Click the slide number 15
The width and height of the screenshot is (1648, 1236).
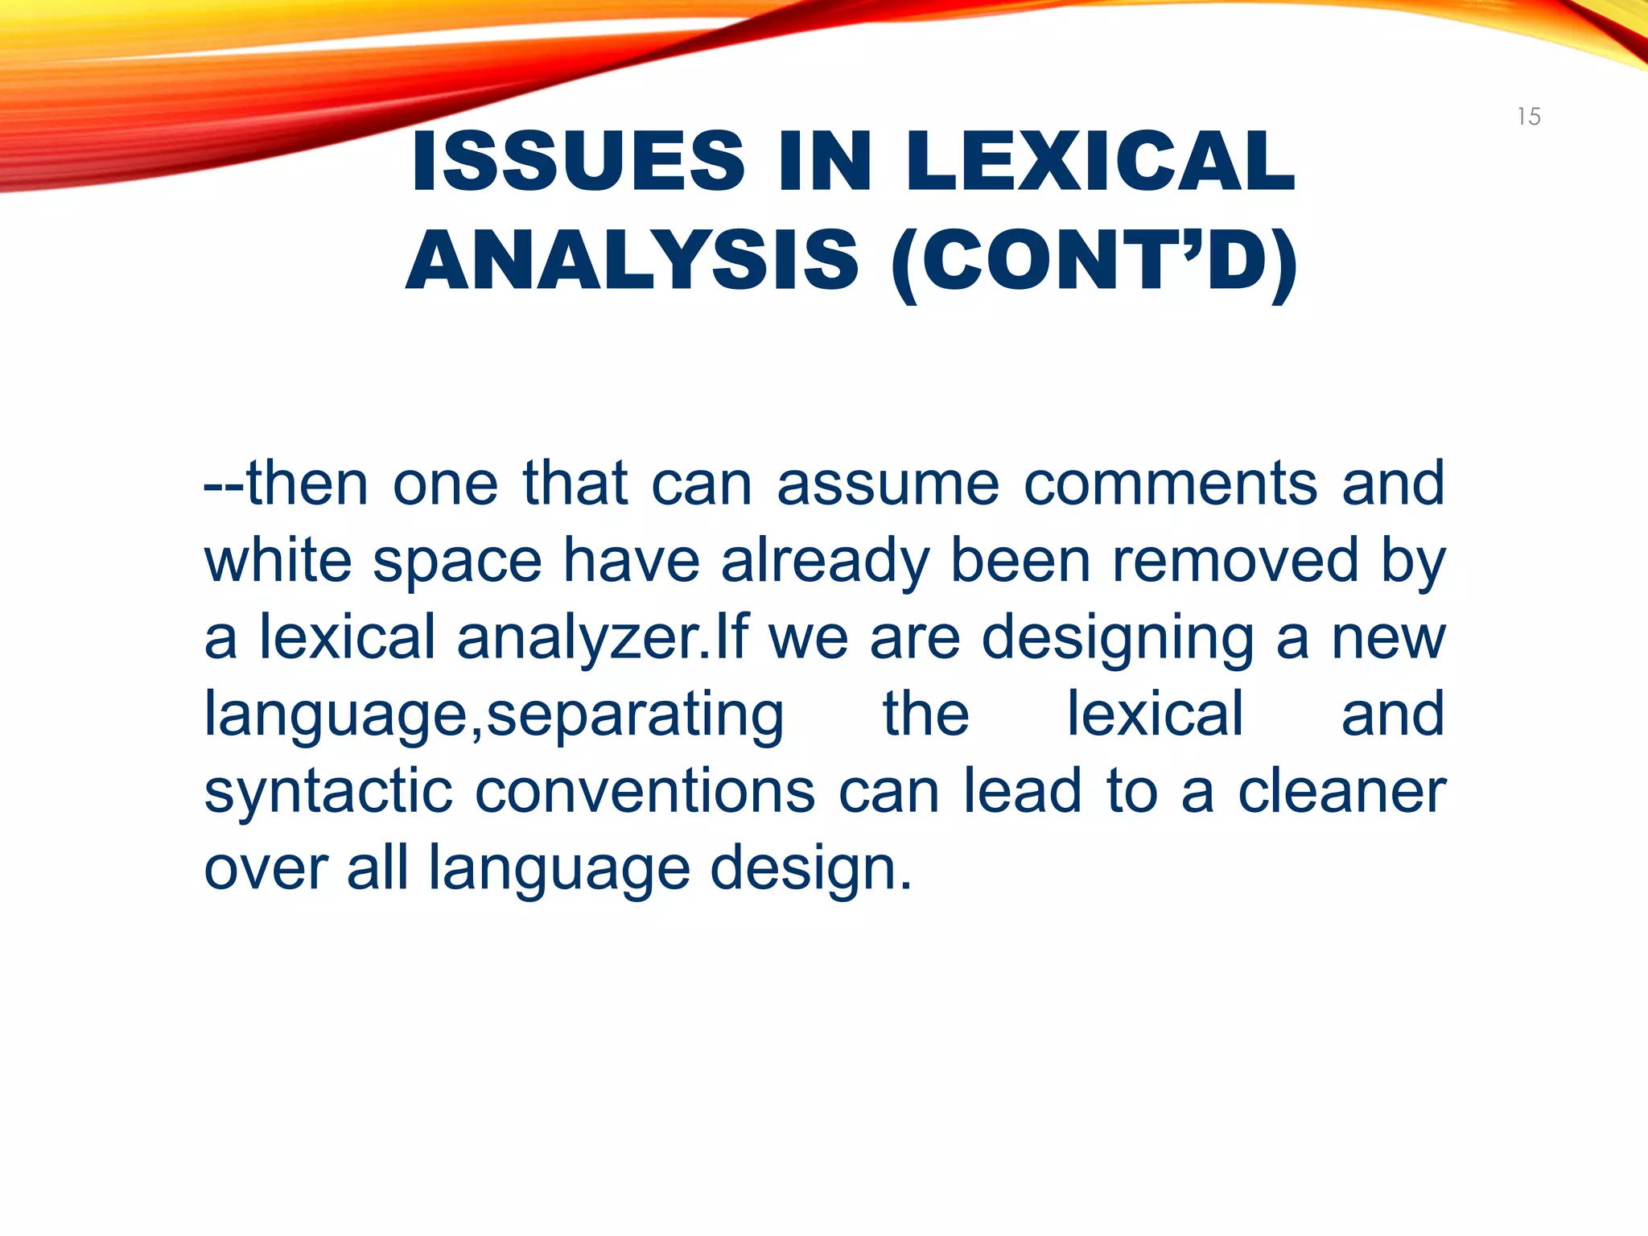click(x=1528, y=117)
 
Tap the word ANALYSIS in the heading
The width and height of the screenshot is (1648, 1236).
click(x=632, y=261)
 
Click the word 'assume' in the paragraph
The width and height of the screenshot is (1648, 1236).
click(x=888, y=484)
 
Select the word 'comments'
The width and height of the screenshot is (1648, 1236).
click(x=1170, y=484)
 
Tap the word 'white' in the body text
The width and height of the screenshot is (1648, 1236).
click(x=278, y=560)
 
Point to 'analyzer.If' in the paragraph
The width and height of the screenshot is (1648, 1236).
click(x=602, y=638)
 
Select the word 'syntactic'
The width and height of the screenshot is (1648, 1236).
click(x=328, y=792)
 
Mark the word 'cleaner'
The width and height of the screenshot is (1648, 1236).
click(x=1341, y=792)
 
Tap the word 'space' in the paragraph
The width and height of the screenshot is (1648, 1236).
click(x=457, y=562)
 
